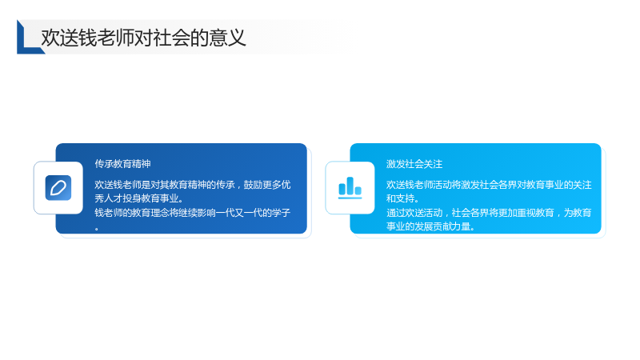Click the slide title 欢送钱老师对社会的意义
(143, 38)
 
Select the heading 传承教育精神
(123, 164)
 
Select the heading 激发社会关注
(414, 164)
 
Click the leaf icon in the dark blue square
(58, 188)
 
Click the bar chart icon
(350, 188)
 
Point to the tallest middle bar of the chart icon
(350, 186)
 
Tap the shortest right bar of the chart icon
(358, 190)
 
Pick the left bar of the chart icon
(342, 189)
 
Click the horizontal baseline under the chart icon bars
(350, 198)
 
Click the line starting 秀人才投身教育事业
(139, 198)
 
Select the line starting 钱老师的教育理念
(192, 212)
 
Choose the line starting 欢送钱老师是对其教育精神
(193, 185)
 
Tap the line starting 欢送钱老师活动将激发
(489, 185)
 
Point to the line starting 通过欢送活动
(489, 212)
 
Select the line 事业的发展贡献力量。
(430, 226)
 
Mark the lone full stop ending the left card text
(97, 230)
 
